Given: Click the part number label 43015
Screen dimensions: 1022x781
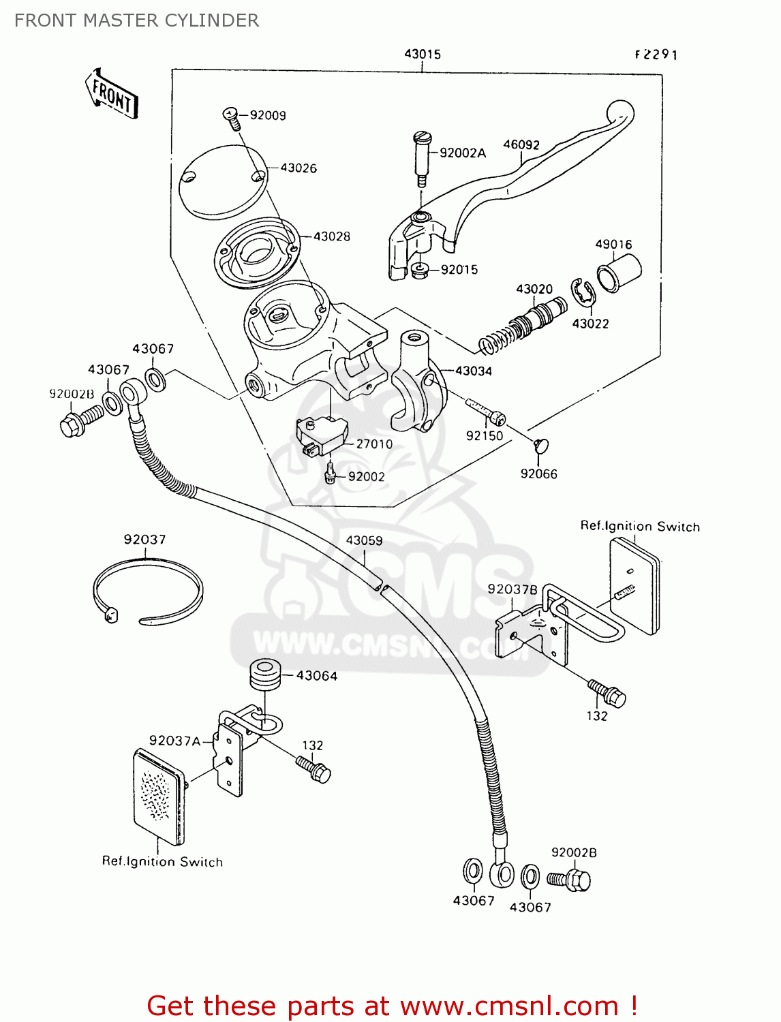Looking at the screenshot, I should point(422,54).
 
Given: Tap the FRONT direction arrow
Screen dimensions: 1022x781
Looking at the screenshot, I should point(112,95).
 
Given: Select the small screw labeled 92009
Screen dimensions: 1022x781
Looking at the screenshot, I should point(232,119).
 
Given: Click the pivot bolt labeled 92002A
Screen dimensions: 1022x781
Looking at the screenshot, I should point(421,158).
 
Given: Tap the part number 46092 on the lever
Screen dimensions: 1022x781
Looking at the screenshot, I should point(521,144).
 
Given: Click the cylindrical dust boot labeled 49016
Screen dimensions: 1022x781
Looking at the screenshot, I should point(619,273).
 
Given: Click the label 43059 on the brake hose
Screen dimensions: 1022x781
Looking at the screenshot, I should point(364,540).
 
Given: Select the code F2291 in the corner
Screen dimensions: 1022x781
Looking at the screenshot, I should point(656,55).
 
